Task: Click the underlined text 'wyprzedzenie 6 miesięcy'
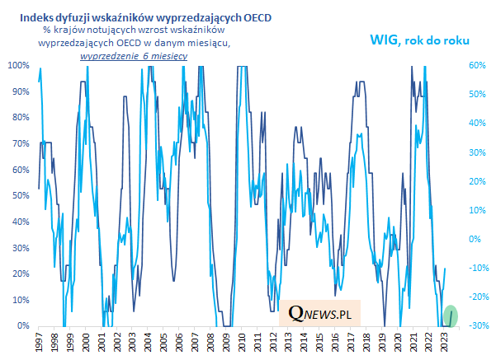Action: pos(133,56)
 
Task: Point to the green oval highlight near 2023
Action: pos(451,315)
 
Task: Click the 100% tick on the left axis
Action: pos(18,65)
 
